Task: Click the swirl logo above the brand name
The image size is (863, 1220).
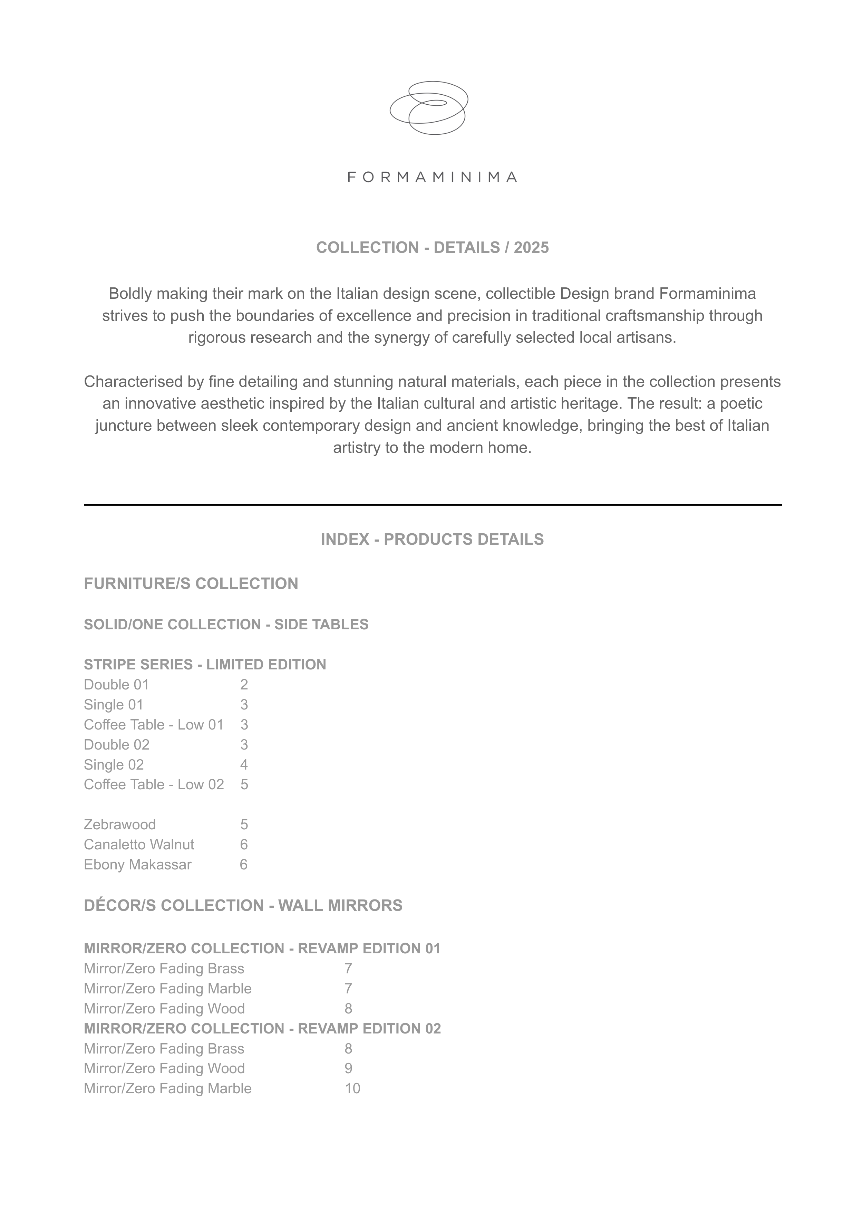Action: (x=429, y=108)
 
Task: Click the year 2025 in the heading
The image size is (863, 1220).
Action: (x=531, y=248)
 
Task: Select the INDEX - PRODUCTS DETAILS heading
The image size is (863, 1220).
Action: (x=432, y=540)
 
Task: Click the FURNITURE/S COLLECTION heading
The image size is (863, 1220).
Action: (x=191, y=584)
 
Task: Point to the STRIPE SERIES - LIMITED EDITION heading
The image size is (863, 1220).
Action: (x=205, y=665)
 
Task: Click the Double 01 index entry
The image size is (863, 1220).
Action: (x=116, y=685)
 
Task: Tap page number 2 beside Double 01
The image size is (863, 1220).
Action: (x=244, y=685)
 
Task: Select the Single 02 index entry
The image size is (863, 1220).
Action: (x=114, y=765)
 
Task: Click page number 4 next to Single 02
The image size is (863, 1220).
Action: (x=244, y=765)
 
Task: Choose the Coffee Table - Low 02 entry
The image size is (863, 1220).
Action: (x=154, y=785)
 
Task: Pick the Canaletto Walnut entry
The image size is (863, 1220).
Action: (x=139, y=845)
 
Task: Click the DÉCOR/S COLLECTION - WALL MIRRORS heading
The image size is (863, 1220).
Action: (x=243, y=905)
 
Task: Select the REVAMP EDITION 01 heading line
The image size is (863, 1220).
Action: (x=262, y=949)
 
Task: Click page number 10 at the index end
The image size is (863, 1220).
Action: (x=352, y=1089)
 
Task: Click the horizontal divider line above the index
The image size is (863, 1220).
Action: (x=432, y=505)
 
